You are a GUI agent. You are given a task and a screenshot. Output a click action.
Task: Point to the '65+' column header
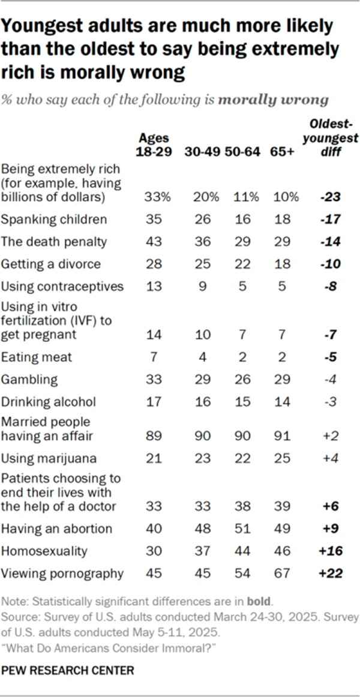click(283, 152)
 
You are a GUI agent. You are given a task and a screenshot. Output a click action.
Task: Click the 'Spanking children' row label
click(55, 219)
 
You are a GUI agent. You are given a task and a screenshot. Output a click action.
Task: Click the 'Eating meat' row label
click(37, 357)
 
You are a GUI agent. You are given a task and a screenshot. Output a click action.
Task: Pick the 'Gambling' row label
click(31, 380)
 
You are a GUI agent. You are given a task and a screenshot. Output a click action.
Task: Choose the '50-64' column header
click(242, 152)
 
